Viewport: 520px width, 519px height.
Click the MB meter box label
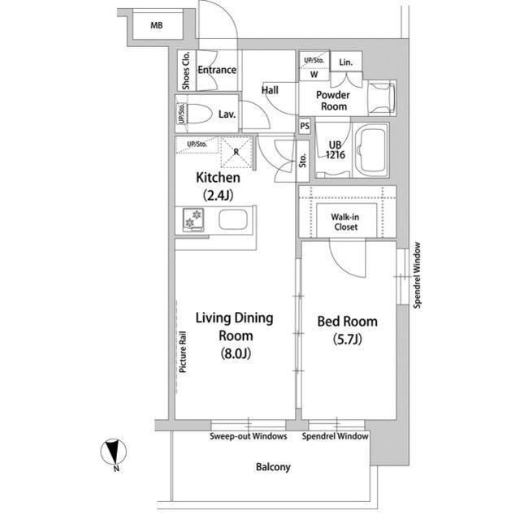click(x=157, y=25)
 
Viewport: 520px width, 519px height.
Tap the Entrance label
click(x=217, y=70)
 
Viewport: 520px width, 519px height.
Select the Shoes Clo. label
click(x=186, y=71)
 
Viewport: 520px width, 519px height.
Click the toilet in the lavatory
click(x=198, y=114)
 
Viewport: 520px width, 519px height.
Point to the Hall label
click(x=270, y=90)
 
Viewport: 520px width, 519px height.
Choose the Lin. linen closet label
click(x=346, y=63)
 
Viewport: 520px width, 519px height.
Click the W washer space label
click(x=314, y=75)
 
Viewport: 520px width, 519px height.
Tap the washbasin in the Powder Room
click(x=383, y=97)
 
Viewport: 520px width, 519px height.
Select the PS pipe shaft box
click(x=305, y=126)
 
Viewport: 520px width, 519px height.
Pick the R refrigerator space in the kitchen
click(x=236, y=152)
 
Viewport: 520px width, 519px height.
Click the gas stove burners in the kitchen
click(x=193, y=219)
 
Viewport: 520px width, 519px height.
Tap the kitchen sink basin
click(x=233, y=220)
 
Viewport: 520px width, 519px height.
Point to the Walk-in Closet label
click(x=345, y=222)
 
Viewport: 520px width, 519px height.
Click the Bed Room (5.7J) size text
click(x=347, y=340)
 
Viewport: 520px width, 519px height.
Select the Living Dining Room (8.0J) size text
click(x=236, y=353)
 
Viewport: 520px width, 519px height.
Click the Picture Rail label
click(x=183, y=352)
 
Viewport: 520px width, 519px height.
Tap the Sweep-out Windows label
click(x=249, y=436)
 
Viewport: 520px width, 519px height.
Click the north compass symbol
click(x=114, y=452)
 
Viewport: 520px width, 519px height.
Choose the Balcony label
click(x=273, y=467)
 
